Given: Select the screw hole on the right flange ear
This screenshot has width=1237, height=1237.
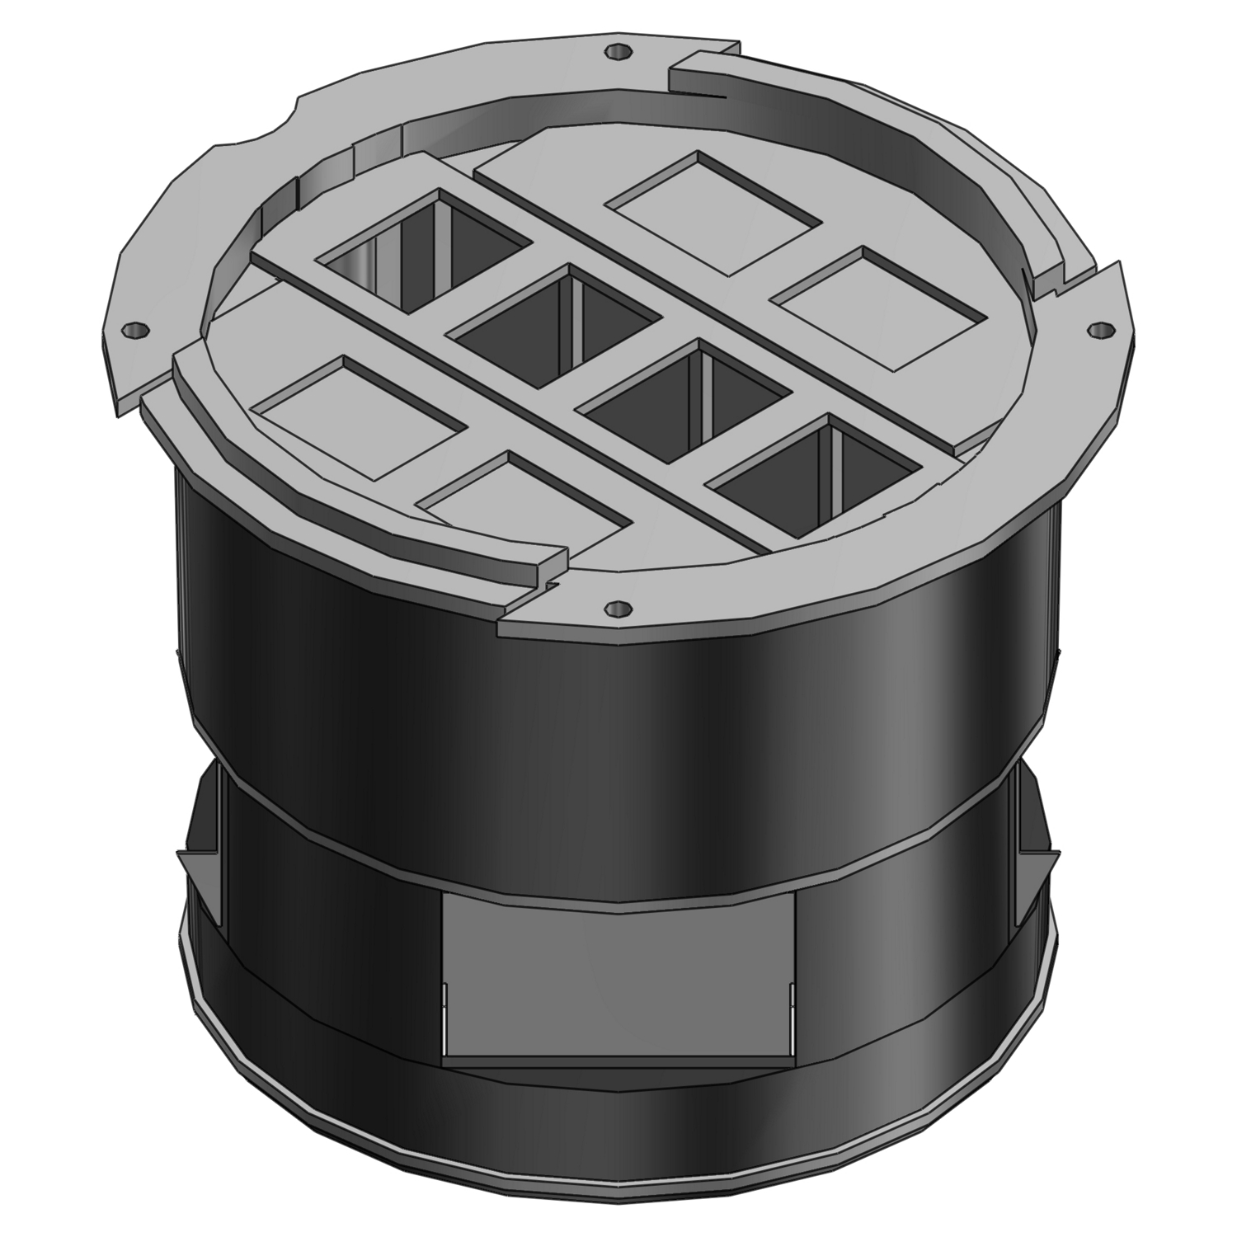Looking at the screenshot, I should (x=1096, y=330).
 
